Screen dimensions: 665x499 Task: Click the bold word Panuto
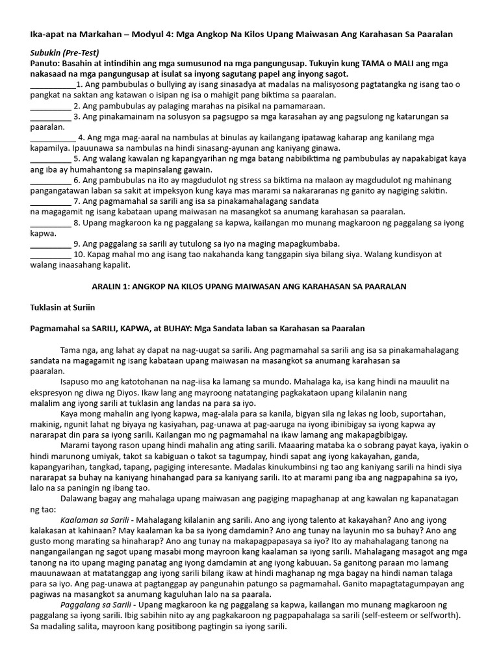pos(46,64)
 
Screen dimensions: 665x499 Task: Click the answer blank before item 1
pos(53,85)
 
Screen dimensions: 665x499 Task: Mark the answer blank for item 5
pos(50,158)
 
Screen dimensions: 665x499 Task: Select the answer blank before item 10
pos(50,255)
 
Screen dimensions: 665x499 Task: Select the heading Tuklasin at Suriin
pos(62,307)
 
